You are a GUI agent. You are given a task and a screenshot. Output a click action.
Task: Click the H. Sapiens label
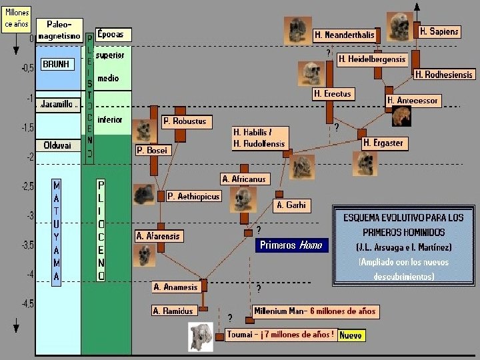point(439,32)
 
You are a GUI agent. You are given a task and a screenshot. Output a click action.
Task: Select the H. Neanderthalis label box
point(344,35)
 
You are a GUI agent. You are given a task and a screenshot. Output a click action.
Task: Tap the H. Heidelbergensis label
point(371,59)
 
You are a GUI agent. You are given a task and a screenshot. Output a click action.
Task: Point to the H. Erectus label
point(332,94)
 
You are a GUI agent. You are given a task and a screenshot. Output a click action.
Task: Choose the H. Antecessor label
point(413,100)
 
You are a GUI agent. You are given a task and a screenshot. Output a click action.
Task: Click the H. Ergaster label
point(383,143)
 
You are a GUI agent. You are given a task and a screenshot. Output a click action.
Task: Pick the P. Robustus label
point(185,121)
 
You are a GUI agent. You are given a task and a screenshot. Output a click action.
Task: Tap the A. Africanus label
point(244,179)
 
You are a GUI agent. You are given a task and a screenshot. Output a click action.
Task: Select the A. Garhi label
point(290,205)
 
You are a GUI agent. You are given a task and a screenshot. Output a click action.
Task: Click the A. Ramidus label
point(173,311)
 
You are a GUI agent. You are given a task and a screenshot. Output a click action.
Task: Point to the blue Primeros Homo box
point(290,245)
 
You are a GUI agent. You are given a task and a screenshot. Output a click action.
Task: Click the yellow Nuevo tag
point(351,335)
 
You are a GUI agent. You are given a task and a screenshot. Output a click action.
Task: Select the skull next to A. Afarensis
point(143,254)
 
